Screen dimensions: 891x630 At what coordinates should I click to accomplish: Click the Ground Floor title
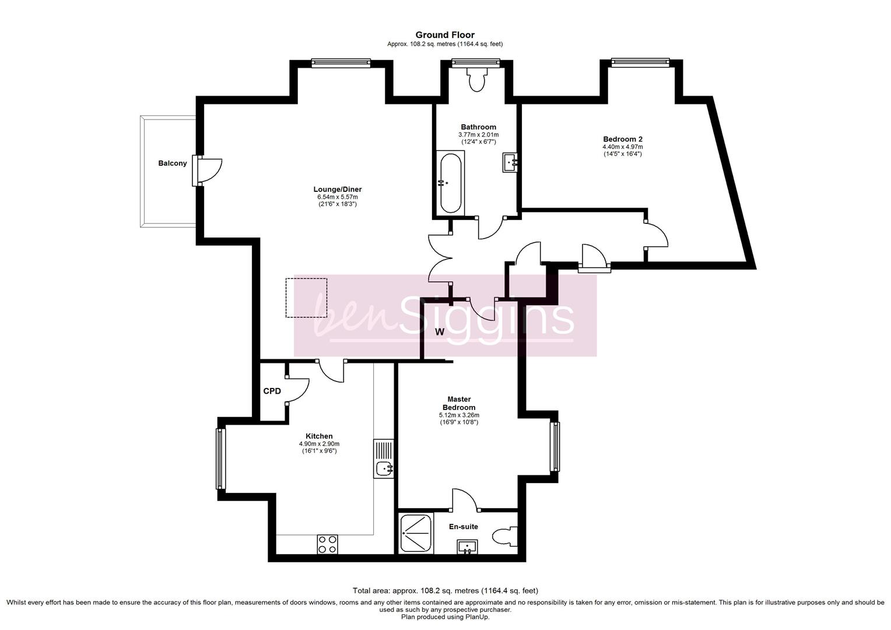[x=445, y=35]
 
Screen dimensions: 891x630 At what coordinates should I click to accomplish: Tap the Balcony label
[x=172, y=163]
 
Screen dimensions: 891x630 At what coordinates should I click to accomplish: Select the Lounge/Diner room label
[x=337, y=190]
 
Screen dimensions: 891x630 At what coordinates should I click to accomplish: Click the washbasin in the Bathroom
[x=510, y=162]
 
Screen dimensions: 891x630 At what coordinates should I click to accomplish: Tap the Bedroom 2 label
[x=623, y=139]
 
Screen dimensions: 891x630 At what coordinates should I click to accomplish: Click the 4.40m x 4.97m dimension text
[x=623, y=147]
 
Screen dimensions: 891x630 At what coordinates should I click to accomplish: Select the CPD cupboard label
[x=272, y=391]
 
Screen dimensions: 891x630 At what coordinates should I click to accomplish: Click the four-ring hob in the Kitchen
[x=327, y=544]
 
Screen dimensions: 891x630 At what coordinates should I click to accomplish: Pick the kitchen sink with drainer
[x=384, y=459]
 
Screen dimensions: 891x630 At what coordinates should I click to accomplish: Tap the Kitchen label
[x=319, y=436]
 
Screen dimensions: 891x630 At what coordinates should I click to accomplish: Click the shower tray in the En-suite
[x=416, y=533]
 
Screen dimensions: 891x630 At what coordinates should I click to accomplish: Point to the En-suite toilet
[x=505, y=537]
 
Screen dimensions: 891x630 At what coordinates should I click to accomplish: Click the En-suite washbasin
[x=468, y=547]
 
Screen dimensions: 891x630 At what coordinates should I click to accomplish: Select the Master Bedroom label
[x=459, y=403]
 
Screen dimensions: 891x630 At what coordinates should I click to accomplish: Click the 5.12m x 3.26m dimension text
[x=459, y=415]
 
